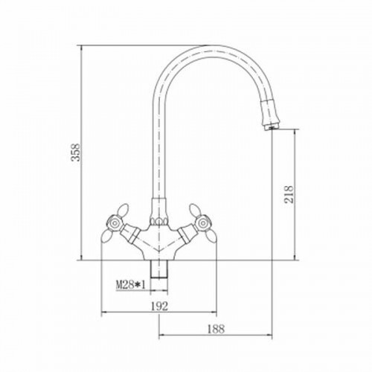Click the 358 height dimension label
(x=76, y=153)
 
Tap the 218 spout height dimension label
(x=289, y=194)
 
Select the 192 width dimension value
(x=159, y=306)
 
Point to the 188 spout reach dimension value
(x=216, y=329)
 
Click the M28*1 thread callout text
(x=130, y=285)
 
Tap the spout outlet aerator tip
(x=272, y=127)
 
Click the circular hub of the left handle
(x=115, y=223)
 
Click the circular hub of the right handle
(x=204, y=223)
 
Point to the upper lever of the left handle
(x=124, y=210)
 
